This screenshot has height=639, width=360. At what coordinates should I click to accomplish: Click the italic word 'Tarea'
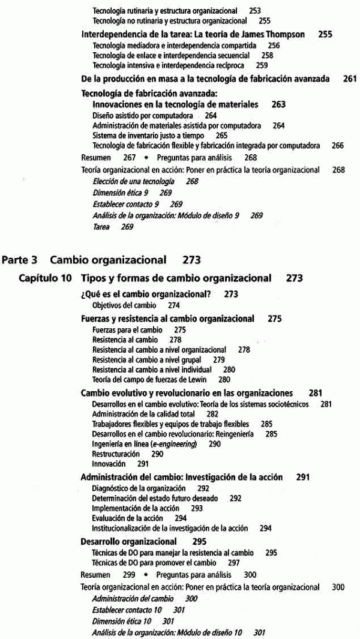tap(101, 227)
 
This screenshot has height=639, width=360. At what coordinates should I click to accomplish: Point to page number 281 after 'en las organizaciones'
tap(316, 393)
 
